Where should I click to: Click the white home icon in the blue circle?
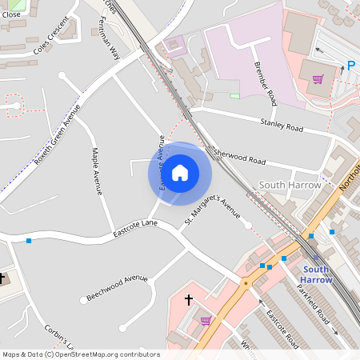180,171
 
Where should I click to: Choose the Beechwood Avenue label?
118,289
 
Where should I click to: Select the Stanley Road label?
282,125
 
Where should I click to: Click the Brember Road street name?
265,83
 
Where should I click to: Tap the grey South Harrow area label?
290,185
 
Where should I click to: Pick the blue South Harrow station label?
316,274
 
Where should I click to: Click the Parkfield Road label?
316,306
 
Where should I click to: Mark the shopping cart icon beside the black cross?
206,320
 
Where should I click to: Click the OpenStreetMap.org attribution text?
108,354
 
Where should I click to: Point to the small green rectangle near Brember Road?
234,96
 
